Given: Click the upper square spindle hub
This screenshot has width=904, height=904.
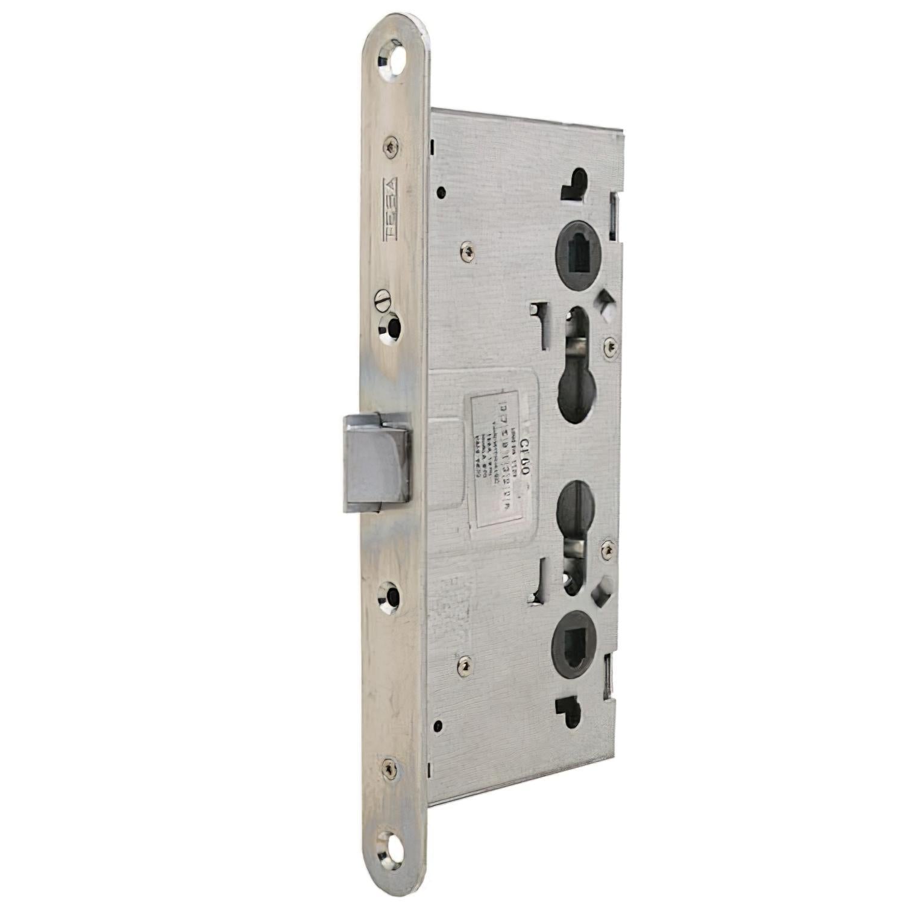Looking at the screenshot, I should point(580,243).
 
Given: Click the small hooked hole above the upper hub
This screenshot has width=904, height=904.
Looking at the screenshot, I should point(576,184).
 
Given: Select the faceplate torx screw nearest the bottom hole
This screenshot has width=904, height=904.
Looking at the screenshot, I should point(387,767).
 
